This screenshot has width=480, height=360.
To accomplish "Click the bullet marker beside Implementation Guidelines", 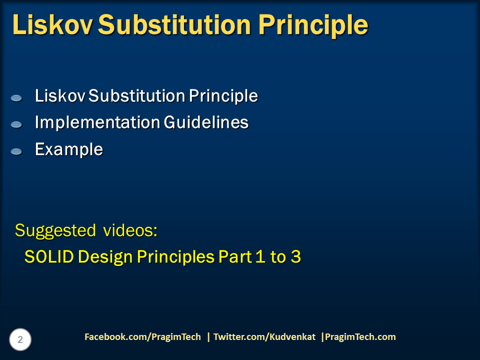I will [16, 124].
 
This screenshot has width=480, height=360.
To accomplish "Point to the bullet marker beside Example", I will [16, 151].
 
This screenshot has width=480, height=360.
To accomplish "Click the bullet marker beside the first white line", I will [16, 98].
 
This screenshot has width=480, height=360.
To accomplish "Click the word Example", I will [68, 149].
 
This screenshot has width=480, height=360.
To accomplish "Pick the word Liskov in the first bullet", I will [60, 96].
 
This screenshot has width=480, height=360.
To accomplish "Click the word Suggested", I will [55, 231].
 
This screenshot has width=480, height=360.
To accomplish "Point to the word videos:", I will [130, 230].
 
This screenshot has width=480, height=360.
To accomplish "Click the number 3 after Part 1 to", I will [296, 257].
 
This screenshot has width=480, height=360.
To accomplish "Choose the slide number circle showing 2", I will [20, 340].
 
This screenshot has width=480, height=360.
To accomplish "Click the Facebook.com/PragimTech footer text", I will [142, 337].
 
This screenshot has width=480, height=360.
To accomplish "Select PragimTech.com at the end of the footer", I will [360, 337].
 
